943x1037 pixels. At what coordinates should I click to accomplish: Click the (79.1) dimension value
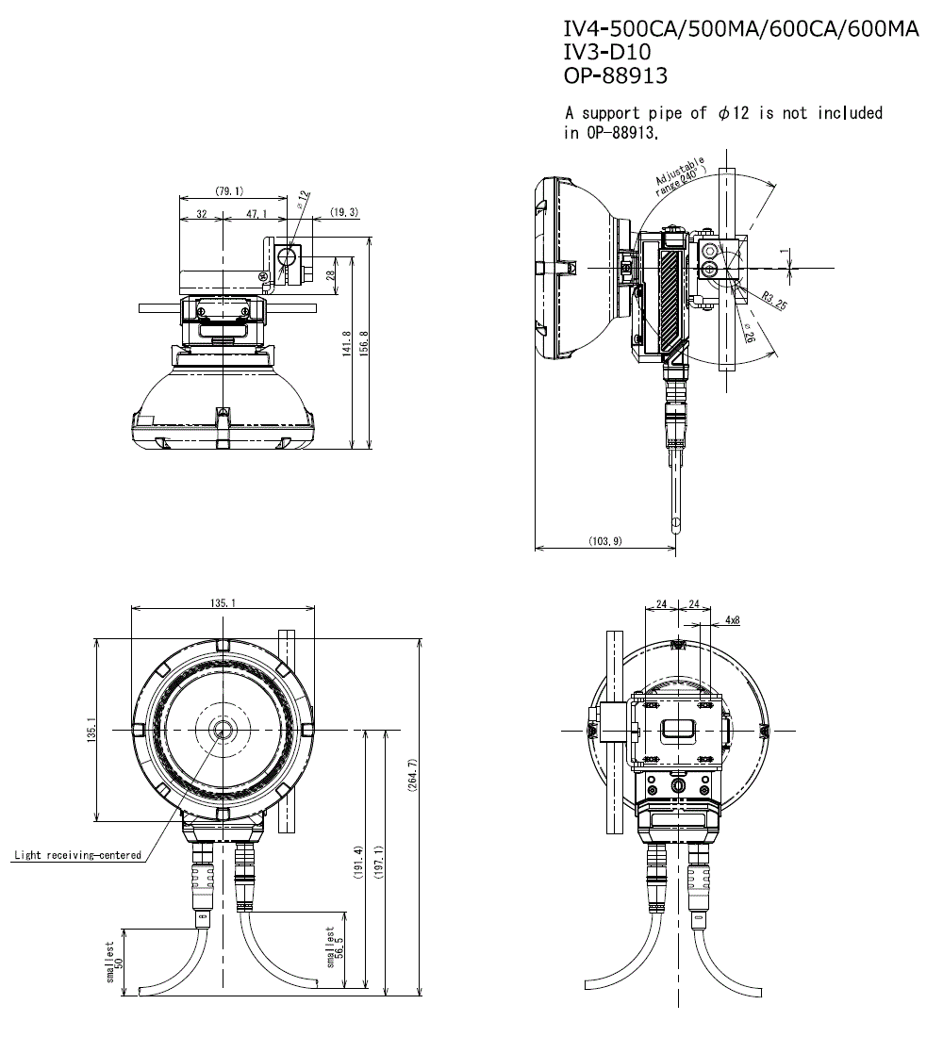click(x=229, y=191)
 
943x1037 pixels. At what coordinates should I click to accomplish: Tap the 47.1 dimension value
click(x=256, y=214)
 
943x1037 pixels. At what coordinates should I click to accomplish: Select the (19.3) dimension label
click(x=344, y=212)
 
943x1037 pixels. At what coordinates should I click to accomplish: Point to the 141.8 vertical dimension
click(x=346, y=343)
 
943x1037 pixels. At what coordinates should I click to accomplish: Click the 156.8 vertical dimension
click(x=363, y=343)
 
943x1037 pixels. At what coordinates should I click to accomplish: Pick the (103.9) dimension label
click(x=605, y=541)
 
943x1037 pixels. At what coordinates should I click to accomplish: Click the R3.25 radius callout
click(x=774, y=300)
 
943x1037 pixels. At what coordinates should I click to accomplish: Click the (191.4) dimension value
click(x=358, y=863)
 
